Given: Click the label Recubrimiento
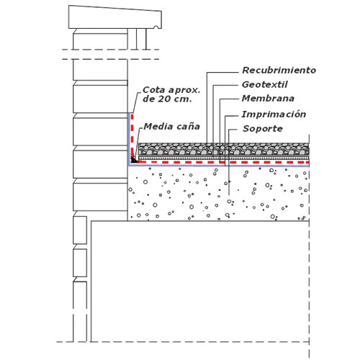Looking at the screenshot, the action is [279, 71].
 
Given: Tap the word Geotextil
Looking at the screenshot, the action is [265, 84].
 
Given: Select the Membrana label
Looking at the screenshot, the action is [268, 99].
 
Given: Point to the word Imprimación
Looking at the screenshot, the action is [274, 114].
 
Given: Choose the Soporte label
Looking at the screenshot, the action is [263, 129].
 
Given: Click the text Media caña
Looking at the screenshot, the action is [172, 127].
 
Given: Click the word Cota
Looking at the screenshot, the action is [154, 90].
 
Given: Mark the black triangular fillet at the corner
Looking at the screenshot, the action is [133, 160].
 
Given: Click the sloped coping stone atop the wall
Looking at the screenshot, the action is [115, 17].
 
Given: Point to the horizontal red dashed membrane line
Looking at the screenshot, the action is [223, 163].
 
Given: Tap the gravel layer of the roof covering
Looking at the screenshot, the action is [224, 149].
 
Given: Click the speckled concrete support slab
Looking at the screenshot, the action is [218, 194].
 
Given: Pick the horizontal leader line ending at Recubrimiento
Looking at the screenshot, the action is [222, 72].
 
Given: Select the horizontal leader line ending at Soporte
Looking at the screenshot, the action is [233, 130].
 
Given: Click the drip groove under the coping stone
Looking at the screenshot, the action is [156, 27].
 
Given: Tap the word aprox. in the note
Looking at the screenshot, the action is [184, 90].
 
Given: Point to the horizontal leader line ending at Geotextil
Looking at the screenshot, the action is [226, 85].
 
